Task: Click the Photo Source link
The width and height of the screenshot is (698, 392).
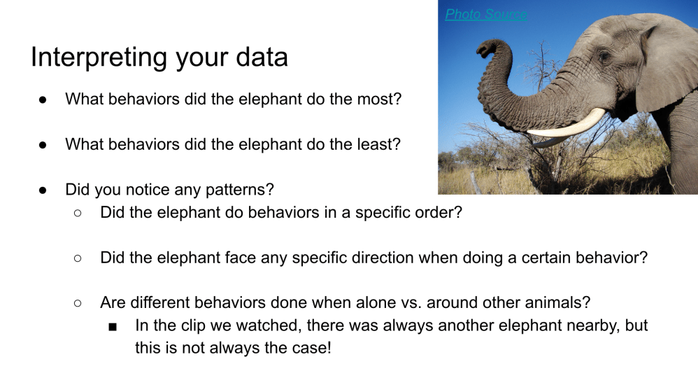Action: [486, 14]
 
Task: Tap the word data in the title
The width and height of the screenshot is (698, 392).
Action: [262, 57]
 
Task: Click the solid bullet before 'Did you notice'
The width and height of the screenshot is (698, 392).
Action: [43, 190]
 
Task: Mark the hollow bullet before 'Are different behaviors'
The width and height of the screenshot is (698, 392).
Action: [78, 303]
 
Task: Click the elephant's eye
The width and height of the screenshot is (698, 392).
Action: [604, 57]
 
